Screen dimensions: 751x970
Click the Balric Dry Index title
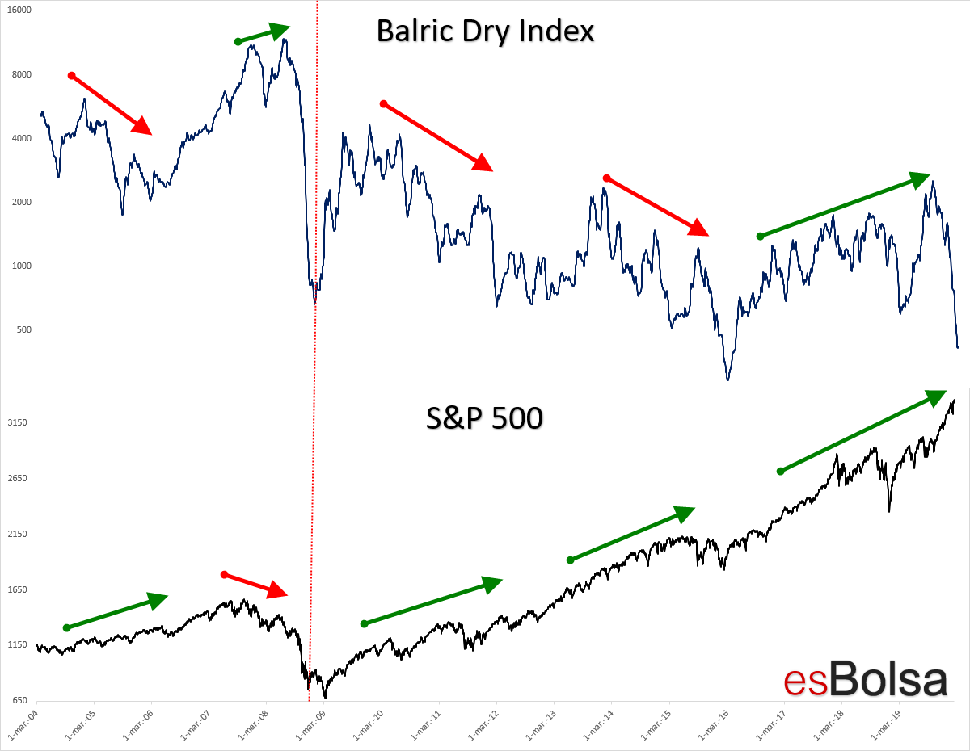coord(485,31)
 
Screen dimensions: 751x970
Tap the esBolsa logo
coord(865,679)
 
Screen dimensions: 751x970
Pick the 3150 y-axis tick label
coord(19,422)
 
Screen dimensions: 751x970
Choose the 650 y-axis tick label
coord(21,701)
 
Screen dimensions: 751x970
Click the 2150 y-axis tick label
coord(19,534)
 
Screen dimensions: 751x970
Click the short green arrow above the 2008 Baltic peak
coord(264,34)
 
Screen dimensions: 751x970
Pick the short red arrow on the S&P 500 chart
coord(255,585)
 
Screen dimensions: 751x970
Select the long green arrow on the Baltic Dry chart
coord(845,206)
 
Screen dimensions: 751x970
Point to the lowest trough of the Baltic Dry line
coord(727,379)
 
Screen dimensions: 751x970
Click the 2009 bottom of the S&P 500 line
coord(325,697)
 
